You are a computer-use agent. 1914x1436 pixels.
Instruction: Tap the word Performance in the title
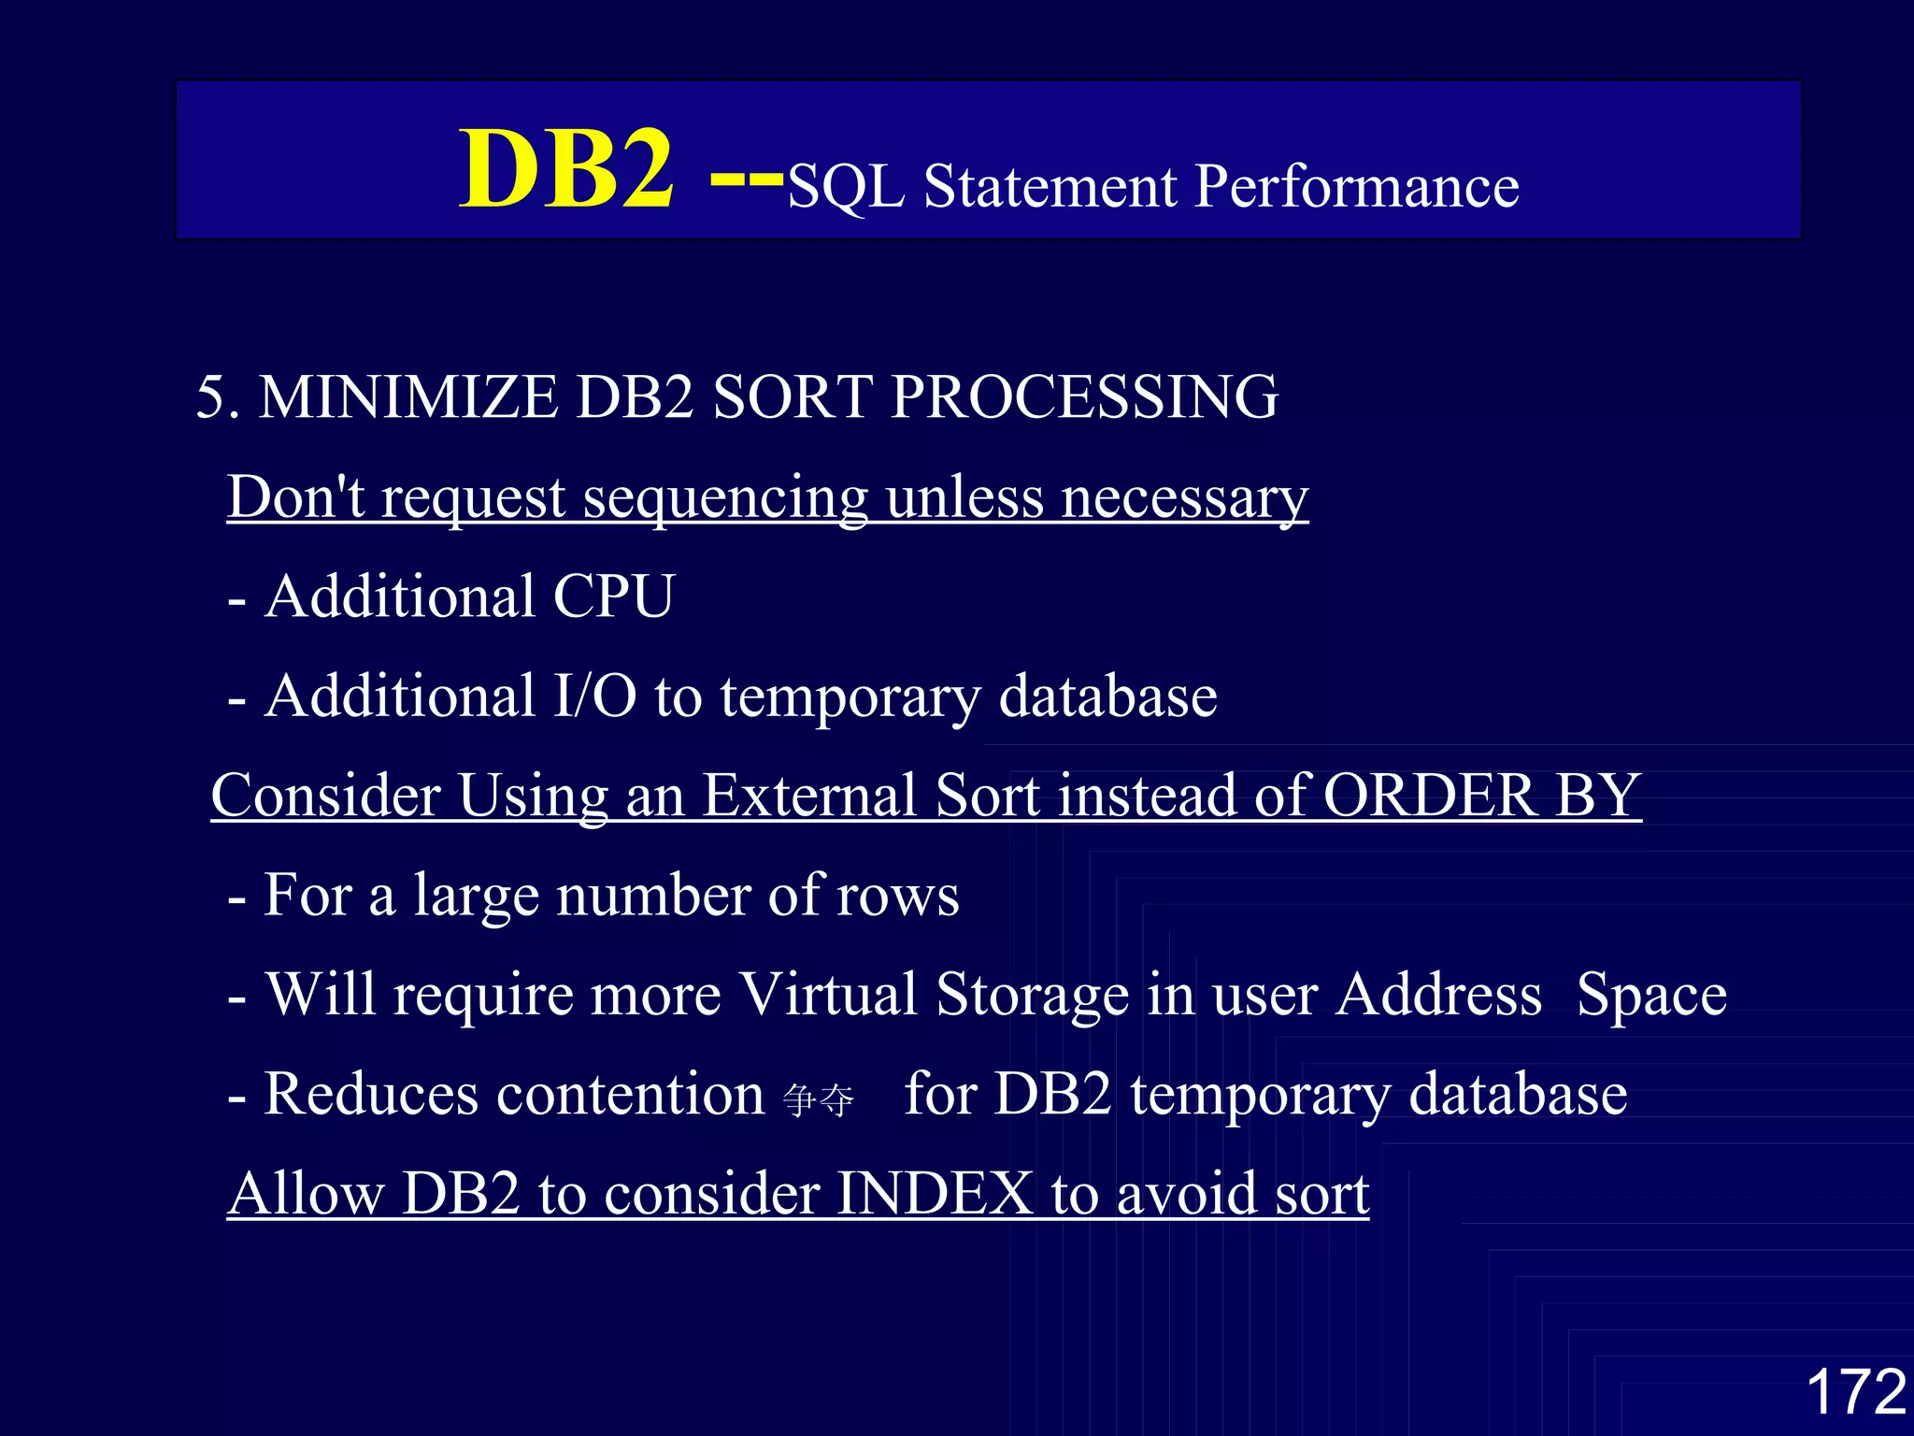point(1356,186)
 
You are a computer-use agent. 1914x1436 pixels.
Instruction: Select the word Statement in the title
point(1050,186)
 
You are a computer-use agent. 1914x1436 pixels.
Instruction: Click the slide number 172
point(1855,1392)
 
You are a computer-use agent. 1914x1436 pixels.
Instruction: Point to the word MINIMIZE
point(407,396)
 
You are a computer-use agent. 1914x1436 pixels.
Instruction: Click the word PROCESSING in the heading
point(1084,396)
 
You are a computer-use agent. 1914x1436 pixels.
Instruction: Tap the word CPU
point(613,596)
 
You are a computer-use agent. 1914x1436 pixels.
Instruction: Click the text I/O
point(595,696)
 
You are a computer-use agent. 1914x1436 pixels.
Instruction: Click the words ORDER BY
point(1482,796)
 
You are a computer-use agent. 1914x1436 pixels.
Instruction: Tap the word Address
point(1438,994)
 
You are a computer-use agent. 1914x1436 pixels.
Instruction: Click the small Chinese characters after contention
point(819,1100)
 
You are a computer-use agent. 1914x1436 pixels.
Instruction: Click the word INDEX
point(934,1194)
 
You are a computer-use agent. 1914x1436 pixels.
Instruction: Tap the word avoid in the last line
point(1186,1194)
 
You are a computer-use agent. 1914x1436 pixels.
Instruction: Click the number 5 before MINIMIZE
point(212,396)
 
